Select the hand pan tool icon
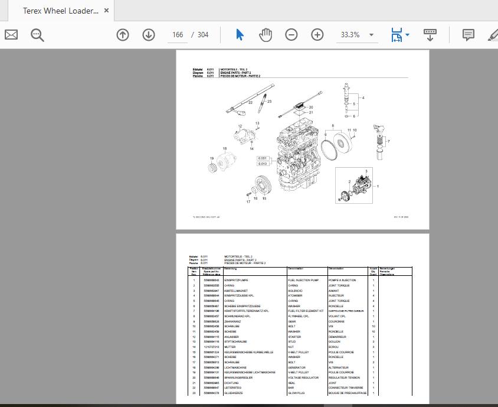266,35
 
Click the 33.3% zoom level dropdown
356,35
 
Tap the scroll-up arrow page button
123,35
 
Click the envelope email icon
11,35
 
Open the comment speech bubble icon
468,35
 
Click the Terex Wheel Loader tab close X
106,11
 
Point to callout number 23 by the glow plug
269,102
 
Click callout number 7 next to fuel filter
388,141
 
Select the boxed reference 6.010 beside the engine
263,164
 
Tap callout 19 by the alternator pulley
211,158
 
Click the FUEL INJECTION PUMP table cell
303,280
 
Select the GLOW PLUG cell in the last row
296,393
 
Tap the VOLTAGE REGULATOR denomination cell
303,377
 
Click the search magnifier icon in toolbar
38,35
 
